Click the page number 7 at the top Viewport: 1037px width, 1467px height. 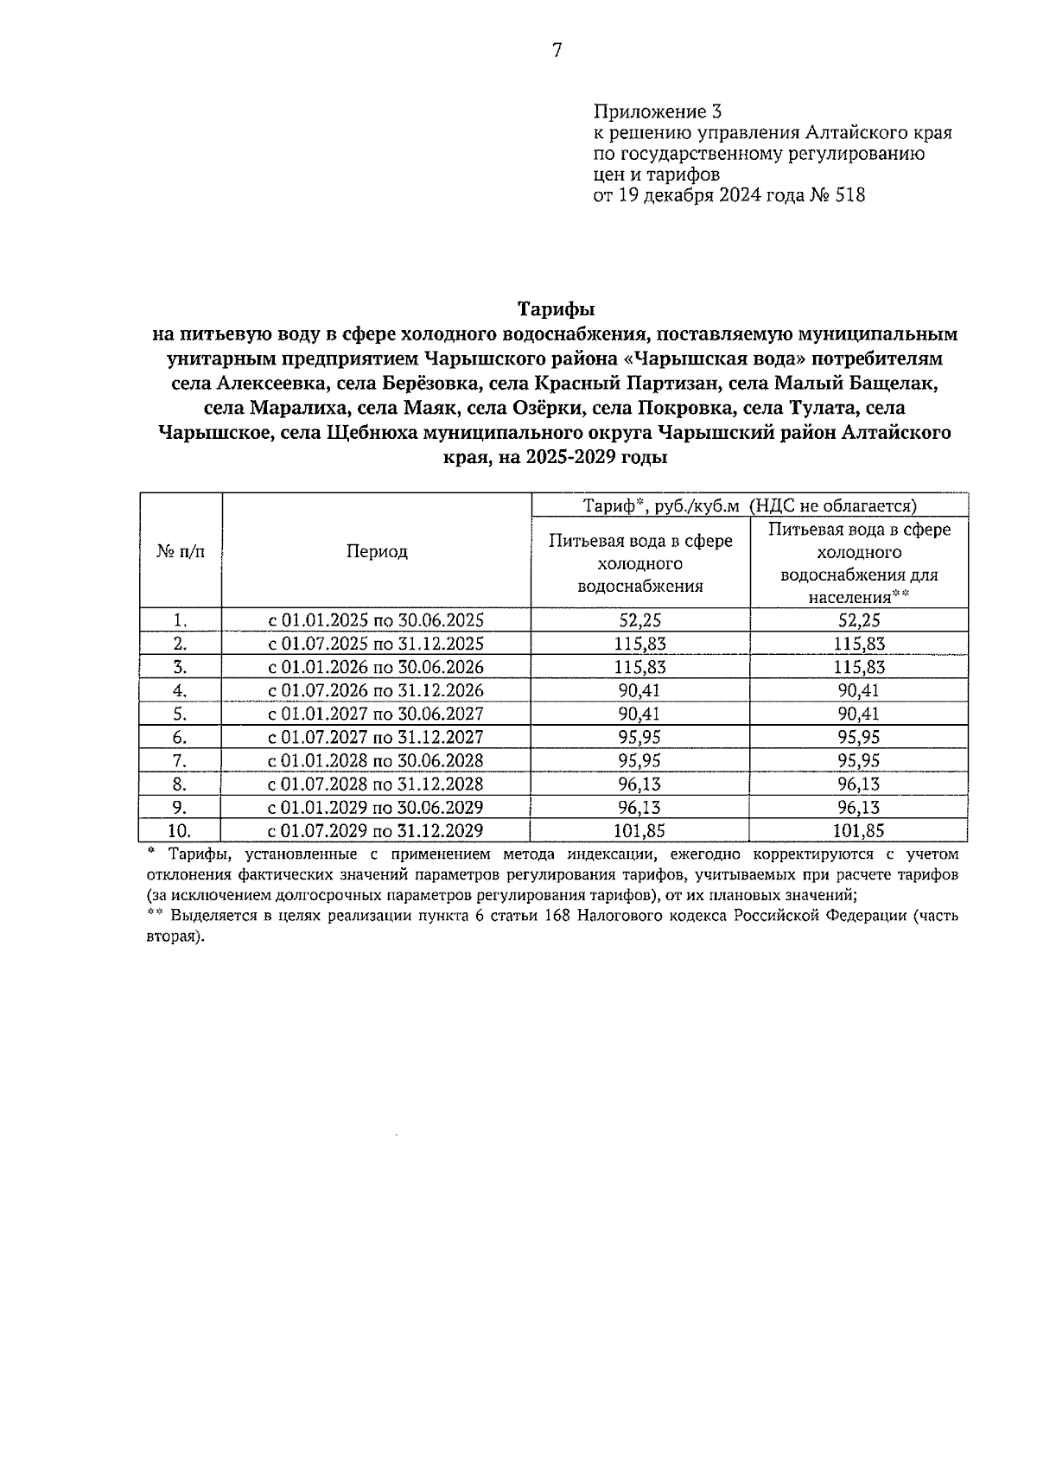tap(557, 51)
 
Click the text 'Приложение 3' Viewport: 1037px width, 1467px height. tap(657, 112)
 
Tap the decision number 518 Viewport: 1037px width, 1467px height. tap(850, 195)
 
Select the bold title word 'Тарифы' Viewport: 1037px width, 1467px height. tap(557, 308)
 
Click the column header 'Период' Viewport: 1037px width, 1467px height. tap(377, 551)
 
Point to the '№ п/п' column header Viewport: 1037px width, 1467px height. tap(181, 551)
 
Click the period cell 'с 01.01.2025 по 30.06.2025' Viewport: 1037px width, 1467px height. tap(376, 620)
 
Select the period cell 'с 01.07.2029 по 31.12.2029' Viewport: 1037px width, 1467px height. tap(376, 831)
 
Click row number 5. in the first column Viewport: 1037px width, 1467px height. tap(181, 714)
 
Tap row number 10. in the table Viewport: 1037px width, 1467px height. tap(181, 831)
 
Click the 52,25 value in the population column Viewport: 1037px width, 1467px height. tap(859, 620)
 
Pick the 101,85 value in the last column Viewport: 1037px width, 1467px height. tap(859, 831)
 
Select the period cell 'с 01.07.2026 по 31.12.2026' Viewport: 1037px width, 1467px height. tap(376, 690)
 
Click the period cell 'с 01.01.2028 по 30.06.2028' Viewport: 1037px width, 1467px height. tap(376, 760)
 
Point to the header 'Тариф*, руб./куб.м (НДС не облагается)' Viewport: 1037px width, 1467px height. tap(749, 505)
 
